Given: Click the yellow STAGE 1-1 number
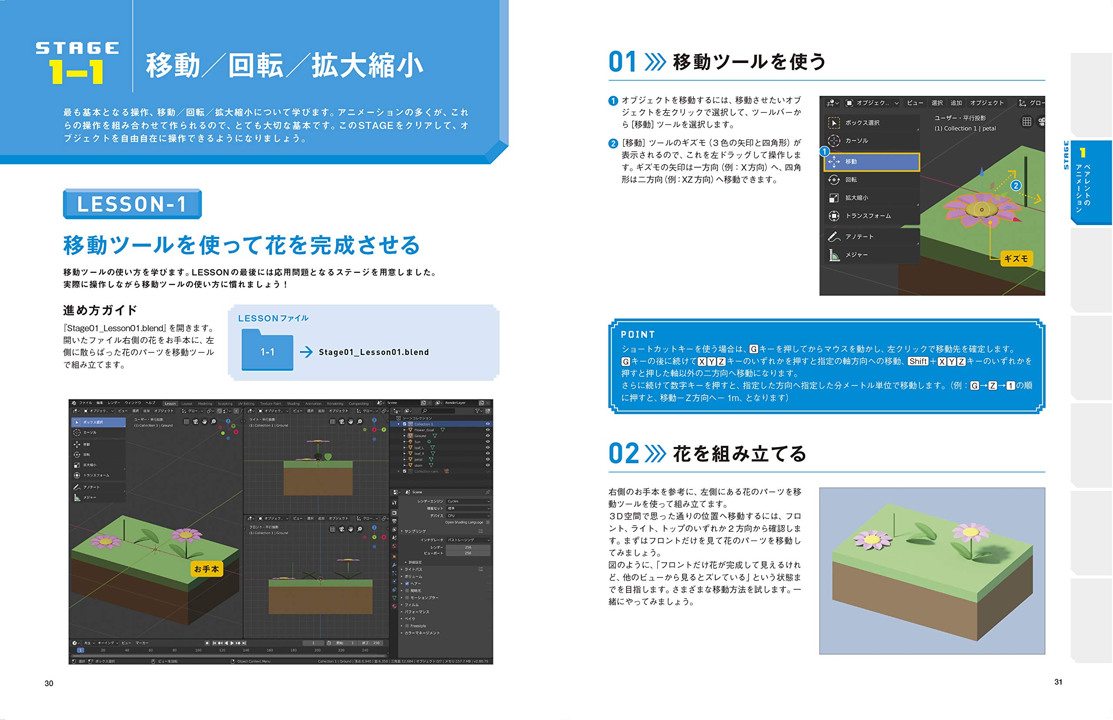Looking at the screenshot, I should coord(77,72).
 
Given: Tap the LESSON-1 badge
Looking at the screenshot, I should coord(132,204).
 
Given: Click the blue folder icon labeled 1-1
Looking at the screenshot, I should coord(267,351).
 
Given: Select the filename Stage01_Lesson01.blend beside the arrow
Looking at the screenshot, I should coord(373,352).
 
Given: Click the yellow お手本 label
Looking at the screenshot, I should coord(206,569).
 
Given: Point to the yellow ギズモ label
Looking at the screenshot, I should coord(1016,259).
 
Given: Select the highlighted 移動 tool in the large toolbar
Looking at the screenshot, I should coord(871,162).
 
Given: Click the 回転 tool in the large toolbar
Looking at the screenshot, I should coord(851,180).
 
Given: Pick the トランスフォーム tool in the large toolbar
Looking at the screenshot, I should coord(867,216).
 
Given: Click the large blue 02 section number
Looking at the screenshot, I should coord(623,454).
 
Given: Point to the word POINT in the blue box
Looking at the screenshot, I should coord(638,335).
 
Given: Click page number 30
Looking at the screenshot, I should coord(49,684).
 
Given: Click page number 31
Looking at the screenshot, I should coord(1058,682).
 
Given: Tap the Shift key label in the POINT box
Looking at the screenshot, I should coord(917,362).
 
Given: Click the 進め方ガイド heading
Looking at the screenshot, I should coord(100,310).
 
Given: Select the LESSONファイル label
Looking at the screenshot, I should coord(273,319).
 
